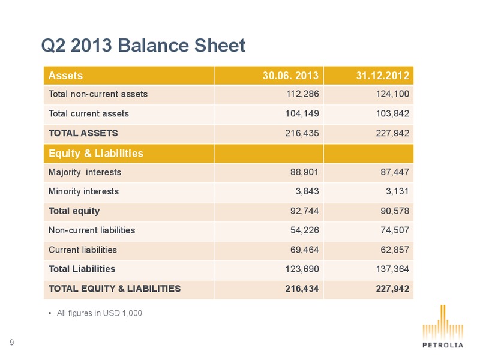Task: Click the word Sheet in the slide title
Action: [x=220, y=46]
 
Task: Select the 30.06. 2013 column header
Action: [x=290, y=76]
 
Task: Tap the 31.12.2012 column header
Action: [x=383, y=76]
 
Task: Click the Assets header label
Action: [x=65, y=76]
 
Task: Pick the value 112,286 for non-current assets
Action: [x=302, y=94]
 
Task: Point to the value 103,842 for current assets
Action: [x=393, y=113]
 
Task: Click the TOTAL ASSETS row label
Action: [x=83, y=133]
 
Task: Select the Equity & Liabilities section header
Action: [x=96, y=153]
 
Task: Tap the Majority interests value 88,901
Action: [x=305, y=172]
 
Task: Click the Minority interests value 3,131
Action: [x=397, y=191]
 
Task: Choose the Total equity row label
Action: [x=74, y=211]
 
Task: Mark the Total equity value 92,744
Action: [x=305, y=211]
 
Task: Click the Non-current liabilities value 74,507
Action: [x=395, y=230]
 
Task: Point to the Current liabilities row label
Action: [x=83, y=250]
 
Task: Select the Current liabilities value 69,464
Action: [x=305, y=250]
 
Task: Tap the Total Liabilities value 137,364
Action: [x=393, y=269]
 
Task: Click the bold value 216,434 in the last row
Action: [x=302, y=289]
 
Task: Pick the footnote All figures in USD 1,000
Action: [x=99, y=313]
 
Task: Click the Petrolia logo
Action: [x=443, y=326]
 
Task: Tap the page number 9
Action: [x=11, y=342]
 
